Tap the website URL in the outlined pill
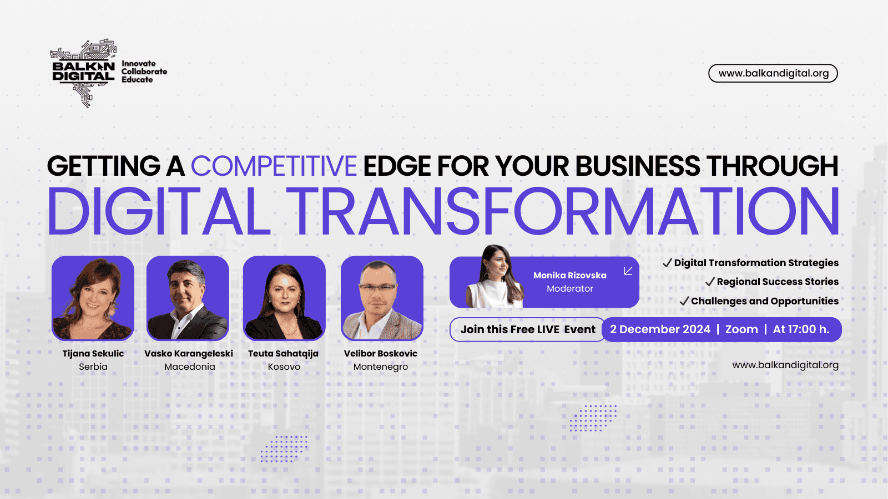pyautogui.click(x=773, y=73)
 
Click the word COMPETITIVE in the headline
pyautogui.click(x=274, y=166)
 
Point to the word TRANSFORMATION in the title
pyautogui.click(x=563, y=211)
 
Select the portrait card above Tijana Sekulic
pyautogui.click(x=93, y=298)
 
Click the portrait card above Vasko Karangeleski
pyautogui.click(x=188, y=298)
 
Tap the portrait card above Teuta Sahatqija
pyautogui.click(x=284, y=298)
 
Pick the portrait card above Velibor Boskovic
pyautogui.click(x=382, y=298)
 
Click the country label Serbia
pyautogui.click(x=93, y=366)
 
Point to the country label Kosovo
pyautogui.click(x=284, y=366)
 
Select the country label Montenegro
pyautogui.click(x=381, y=367)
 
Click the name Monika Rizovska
pyautogui.click(x=569, y=275)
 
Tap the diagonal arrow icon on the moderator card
pyautogui.click(x=628, y=271)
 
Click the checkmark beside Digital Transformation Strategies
pyautogui.click(x=667, y=263)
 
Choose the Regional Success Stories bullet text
pyautogui.click(x=778, y=282)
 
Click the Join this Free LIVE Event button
pyautogui.click(x=528, y=329)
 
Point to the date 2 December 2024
pyautogui.click(x=660, y=329)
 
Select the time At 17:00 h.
pyautogui.click(x=801, y=329)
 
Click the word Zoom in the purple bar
pyautogui.click(x=741, y=329)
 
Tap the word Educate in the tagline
pyautogui.click(x=137, y=80)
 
